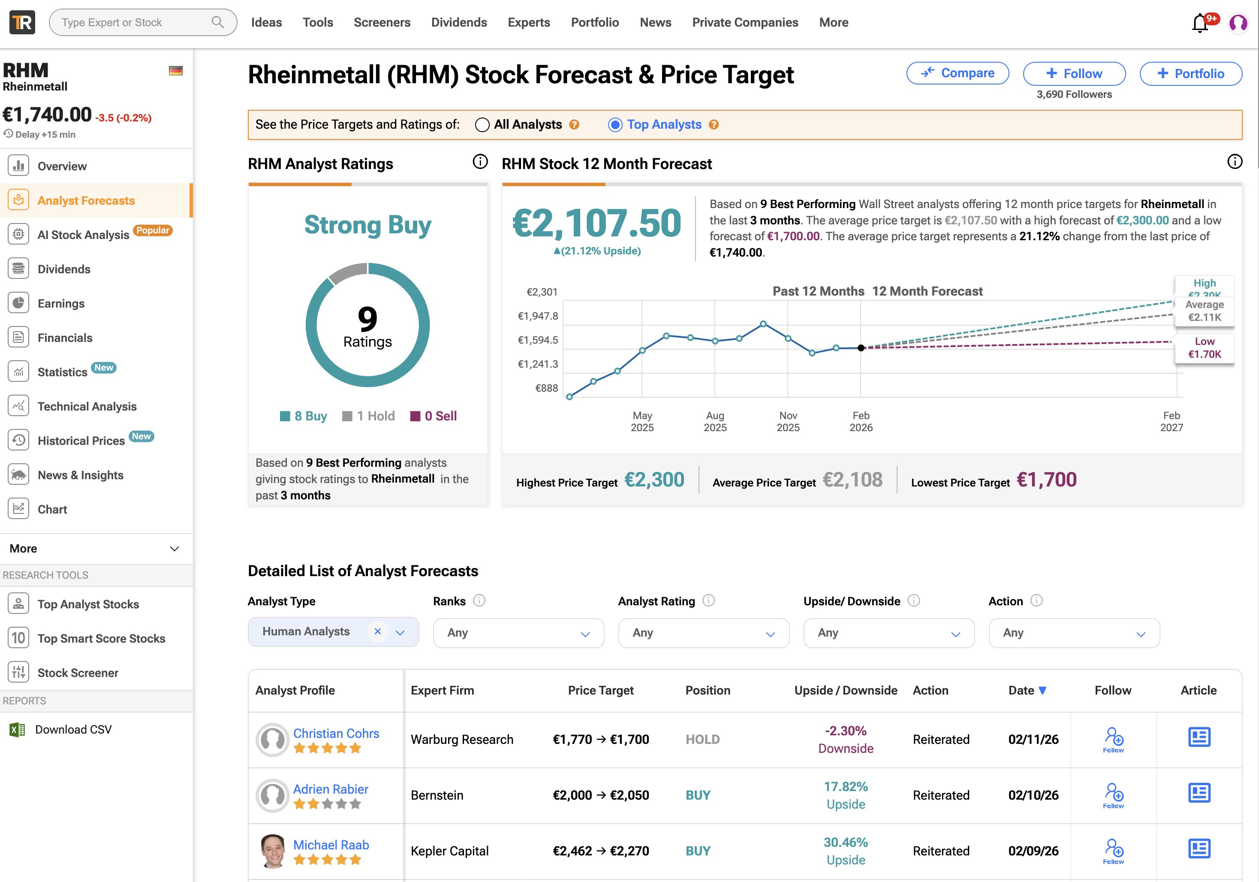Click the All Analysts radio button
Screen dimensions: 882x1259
tap(482, 124)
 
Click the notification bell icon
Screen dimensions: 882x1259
tap(1200, 23)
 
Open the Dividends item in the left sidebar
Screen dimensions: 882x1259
tap(63, 269)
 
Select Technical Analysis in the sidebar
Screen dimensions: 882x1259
tap(87, 406)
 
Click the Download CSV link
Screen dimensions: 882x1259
tap(73, 730)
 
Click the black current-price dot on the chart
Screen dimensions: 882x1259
tap(861, 348)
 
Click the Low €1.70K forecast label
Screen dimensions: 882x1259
tap(1204, 348)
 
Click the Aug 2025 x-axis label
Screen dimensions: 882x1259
tap(715, 421)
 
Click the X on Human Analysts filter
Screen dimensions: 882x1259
tap(377, 631)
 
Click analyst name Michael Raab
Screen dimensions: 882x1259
tap(331, 845)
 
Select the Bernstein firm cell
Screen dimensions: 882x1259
tap(437, 795)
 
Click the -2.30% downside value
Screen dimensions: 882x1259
tap(846, 731)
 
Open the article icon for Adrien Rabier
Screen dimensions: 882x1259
tap(1199, 793)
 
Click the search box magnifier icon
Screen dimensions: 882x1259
tap(218, 22)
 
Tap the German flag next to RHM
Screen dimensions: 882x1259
tap(175, 71)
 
